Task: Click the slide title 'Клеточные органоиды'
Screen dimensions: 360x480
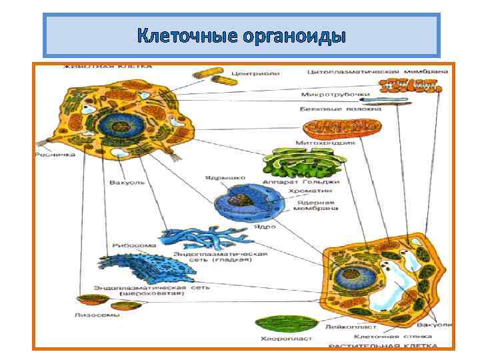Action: pyautogui.click(x=241, y=35)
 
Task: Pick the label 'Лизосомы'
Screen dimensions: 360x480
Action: pyautogui.click(x=98, y=314)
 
